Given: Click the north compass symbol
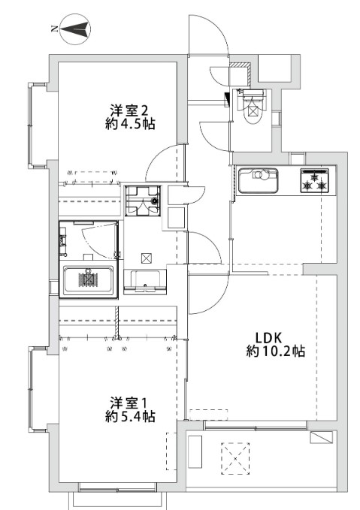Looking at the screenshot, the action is (75, 29).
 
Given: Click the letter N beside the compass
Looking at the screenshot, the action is (54, 29).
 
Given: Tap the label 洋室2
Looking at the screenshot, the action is (129, 111).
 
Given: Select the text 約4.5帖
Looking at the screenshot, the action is (130, 124).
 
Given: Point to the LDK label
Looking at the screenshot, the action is (268, 338).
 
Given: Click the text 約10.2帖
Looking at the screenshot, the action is (275, 352).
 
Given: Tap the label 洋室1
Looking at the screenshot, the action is (129, 403).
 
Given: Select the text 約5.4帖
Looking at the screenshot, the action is (130, 417).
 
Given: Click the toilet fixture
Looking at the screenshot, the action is (253, 107).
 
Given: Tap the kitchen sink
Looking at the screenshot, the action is (258, 180).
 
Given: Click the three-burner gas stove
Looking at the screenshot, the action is (315, 180).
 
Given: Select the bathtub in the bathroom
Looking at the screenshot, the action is (88, 280).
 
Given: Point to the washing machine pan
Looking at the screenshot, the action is (144, 201).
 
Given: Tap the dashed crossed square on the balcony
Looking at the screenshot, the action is (235, 458).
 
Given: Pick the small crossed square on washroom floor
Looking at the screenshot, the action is (146, 258).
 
